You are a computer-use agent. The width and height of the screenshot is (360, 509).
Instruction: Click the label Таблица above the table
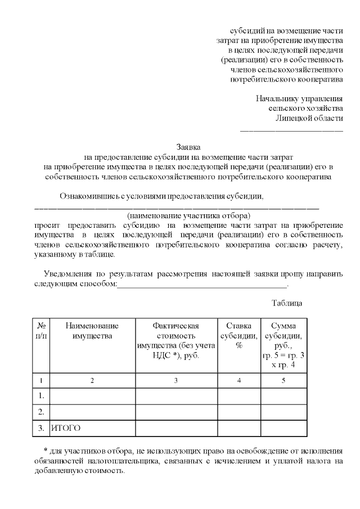point(287,303)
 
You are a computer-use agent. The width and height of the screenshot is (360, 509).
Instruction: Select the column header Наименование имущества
point(92,331)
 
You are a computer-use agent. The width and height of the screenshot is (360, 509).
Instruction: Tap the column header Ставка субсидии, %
point(239,335)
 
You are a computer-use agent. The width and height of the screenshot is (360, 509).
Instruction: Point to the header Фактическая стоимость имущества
point(176,340)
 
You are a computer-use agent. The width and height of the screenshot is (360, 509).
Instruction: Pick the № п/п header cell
point(41,331)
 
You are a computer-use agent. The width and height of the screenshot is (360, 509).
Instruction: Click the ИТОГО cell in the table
point(66,428)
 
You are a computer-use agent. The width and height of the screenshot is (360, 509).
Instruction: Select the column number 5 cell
point(284,381)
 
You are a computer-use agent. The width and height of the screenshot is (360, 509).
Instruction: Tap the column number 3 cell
point(176,381)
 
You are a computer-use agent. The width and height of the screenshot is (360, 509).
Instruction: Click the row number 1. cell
point(41,396)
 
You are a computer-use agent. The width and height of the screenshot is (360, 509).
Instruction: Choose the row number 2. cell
point(41,412)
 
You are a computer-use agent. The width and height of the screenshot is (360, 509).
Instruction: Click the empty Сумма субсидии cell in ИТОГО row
point(284,428)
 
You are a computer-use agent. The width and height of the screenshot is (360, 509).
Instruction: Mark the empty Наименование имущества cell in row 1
point(92,396)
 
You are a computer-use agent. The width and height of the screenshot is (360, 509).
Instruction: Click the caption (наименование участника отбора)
point(188,215)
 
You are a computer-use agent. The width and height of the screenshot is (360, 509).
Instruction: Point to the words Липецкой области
point(309,118)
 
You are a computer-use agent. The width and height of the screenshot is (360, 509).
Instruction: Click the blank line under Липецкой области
point(291,130)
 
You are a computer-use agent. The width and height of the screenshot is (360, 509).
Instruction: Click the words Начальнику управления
point(299,98)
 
